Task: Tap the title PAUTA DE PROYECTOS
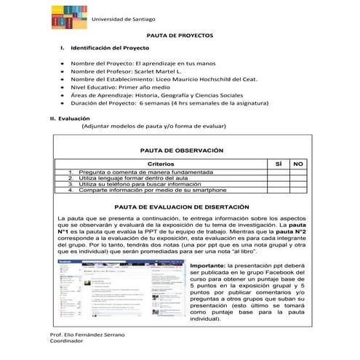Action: click(x=180, y=35)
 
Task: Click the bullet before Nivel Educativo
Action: click(x=62, y=95)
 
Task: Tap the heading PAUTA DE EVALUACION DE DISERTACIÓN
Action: click(x=180, y=207)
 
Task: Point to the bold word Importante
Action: click(x=209, y=267)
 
